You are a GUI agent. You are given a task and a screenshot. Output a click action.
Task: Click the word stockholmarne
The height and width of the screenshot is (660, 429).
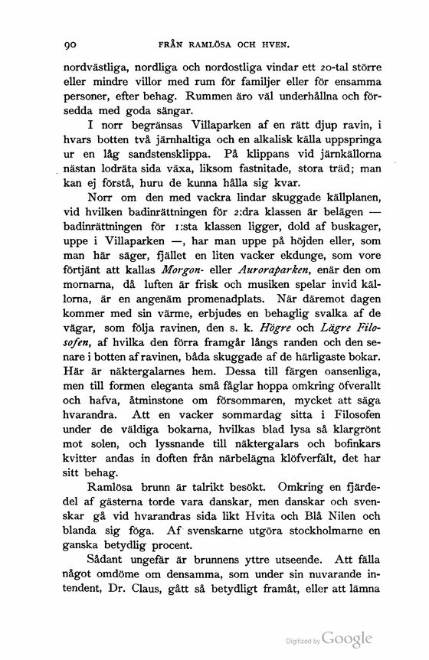pos(304,529)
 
